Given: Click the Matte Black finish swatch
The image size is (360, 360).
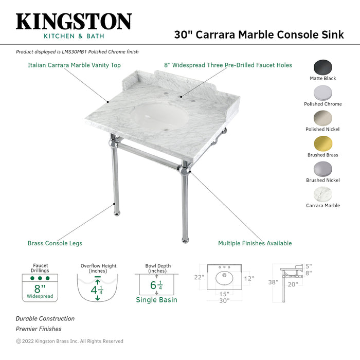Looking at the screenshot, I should [323, 67].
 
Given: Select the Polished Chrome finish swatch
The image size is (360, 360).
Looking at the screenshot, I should [323, 93].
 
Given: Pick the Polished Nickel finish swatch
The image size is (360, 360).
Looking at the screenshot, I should [323, 118].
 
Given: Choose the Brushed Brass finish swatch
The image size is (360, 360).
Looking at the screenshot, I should [323, 143].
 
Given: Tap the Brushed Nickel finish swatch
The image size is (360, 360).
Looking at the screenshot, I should [323, 169].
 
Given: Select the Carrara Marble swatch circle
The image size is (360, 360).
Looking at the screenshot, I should [323, 194].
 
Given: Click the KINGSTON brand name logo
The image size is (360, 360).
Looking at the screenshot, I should [74, 22].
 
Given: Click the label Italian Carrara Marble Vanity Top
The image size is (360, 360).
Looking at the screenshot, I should [74, 65].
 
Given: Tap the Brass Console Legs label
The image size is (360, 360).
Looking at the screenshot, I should [55, 243].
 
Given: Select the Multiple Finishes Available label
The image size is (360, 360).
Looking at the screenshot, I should [255, 243].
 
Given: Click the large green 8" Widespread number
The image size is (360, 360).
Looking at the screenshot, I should [39, 288].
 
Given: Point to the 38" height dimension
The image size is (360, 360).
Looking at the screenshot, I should [273, 282].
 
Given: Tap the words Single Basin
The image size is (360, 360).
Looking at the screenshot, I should [156, 300].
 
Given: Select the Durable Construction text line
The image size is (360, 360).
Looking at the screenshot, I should [45, 319].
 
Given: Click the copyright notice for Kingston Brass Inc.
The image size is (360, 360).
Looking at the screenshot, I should [69, 341].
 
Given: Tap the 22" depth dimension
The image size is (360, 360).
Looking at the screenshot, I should [199, 277].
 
